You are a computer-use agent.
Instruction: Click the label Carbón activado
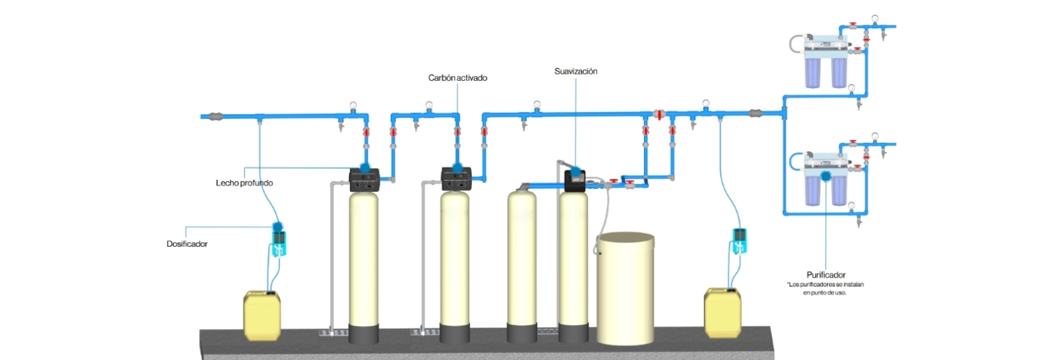pyautogui.click(x=458, y=78)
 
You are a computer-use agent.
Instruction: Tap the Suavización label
pyautogui.click(x=575, y=71)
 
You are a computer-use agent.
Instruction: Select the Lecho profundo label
pyautogui.click(x=244, y=183)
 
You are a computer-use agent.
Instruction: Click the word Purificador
pyautogui.click(x=825, y=274)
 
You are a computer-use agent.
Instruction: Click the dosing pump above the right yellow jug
pyautogui.click(x=739, y=240)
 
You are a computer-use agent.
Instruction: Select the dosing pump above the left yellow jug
pyautogui.click(x=278, y=240)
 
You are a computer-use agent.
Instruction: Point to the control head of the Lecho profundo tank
pyautogui.click(x=365, y=179)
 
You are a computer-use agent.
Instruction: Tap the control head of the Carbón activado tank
pyautogui.click(x=456, y=179)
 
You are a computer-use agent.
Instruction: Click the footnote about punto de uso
pyautogui.click(x=825, y=289)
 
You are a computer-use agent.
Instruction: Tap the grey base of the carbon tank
pyautogui.click(x=455, y=333)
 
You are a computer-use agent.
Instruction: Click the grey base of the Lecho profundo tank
pyautogui.click(x=364, y=333)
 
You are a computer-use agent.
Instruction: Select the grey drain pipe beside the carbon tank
pyautogui.click(x=423, y=253)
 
